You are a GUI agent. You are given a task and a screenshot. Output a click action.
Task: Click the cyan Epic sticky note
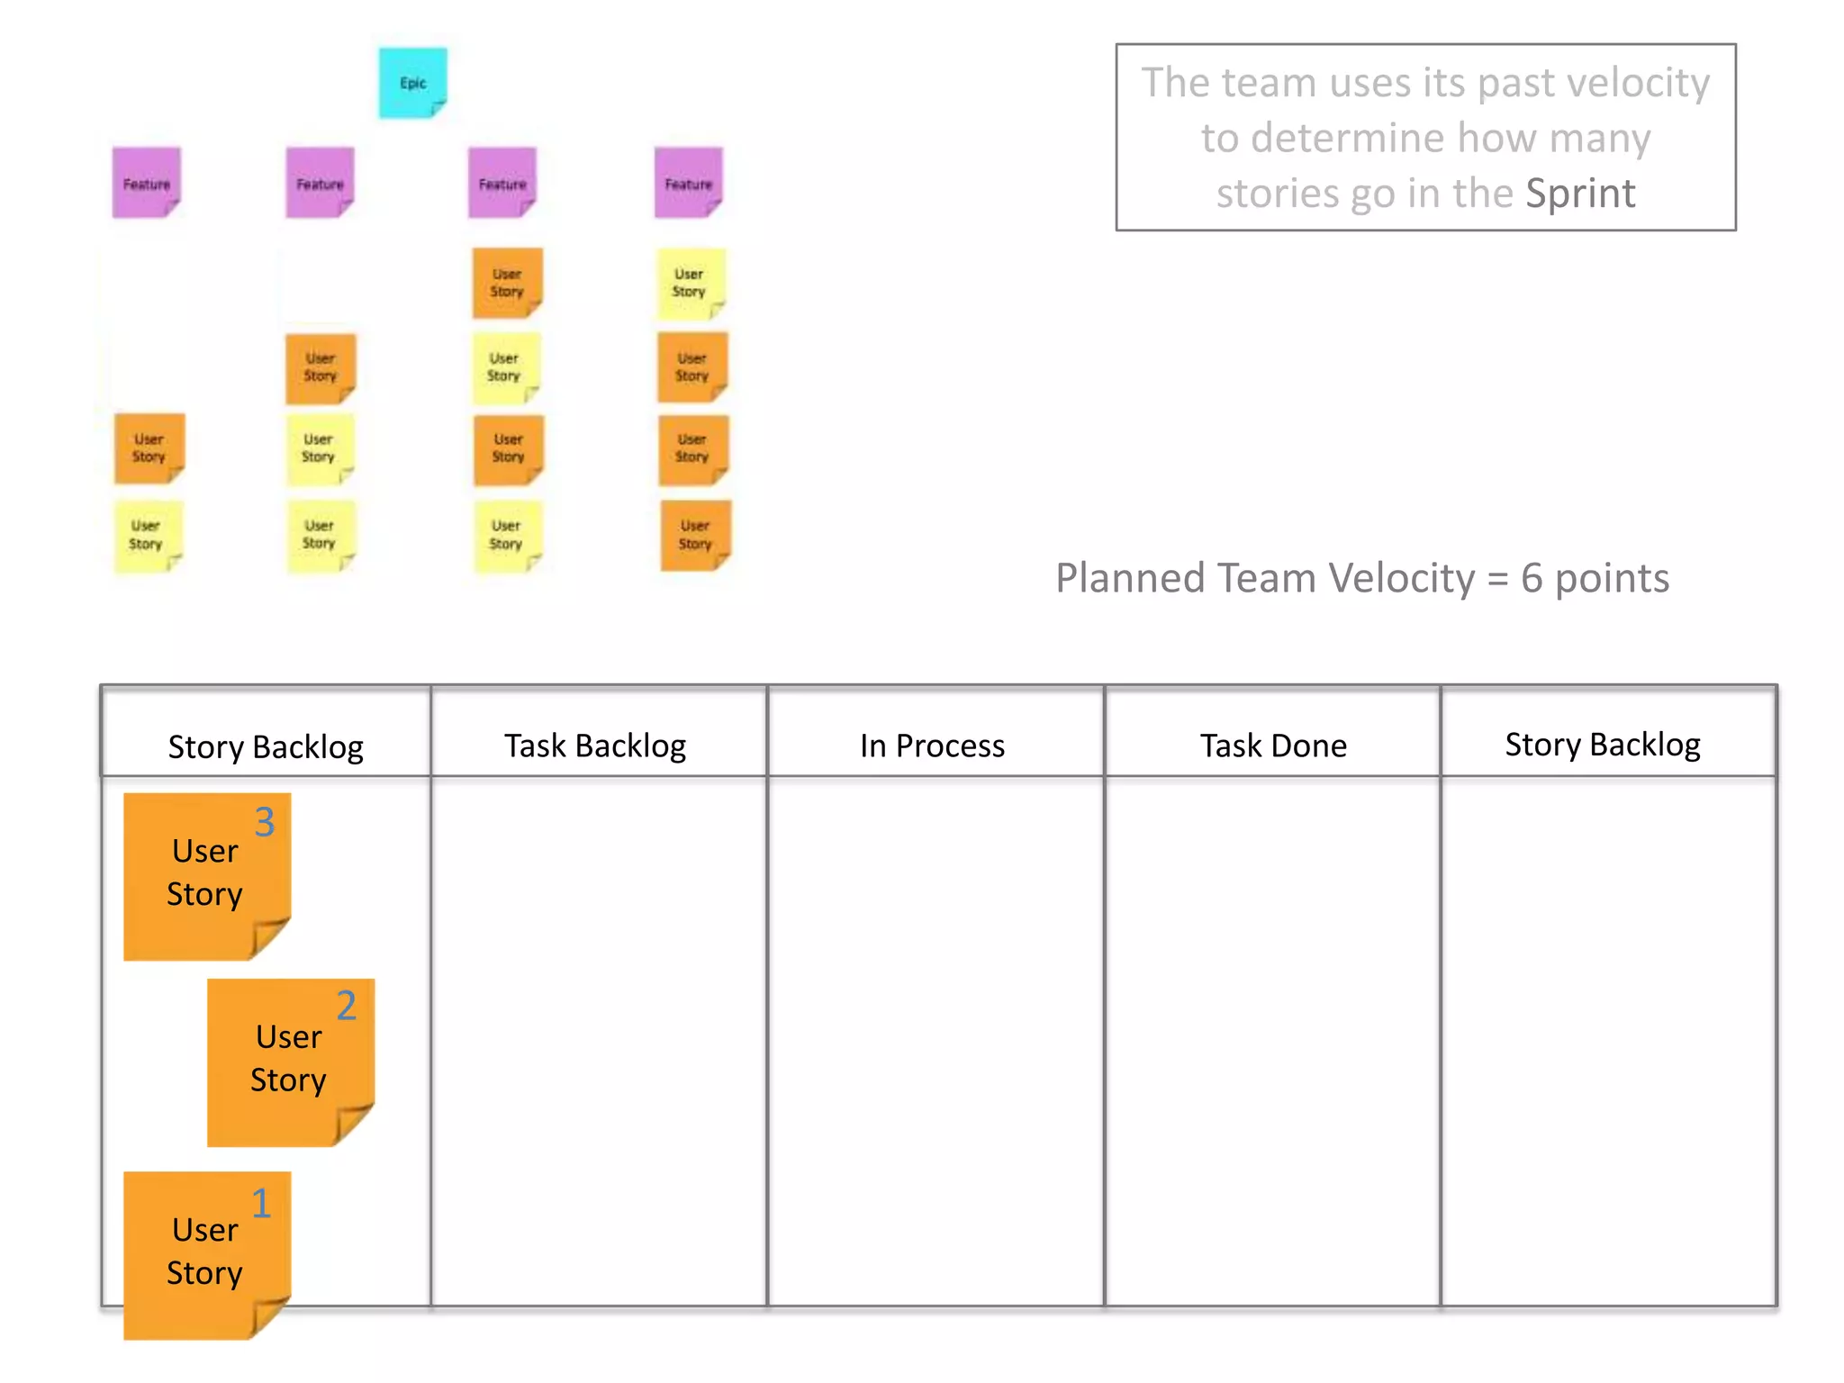pyautogui.click(x=412, y=83)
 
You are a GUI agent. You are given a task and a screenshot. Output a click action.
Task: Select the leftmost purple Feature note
pyautogui.click(x=146, y=183)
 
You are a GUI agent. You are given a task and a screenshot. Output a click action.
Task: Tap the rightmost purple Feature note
pyautogui.click(x=688, y=183)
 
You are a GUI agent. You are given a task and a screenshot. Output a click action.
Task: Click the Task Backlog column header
pyautogui.click(x=595, y=746)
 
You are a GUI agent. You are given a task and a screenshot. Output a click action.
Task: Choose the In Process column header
pyautogui.click(x=932, y=746)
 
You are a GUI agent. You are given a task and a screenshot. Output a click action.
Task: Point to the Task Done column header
pyautogui.click(x=1273, y=746)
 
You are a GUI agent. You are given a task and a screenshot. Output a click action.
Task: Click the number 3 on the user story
pyautogui.click(x=264, y=822)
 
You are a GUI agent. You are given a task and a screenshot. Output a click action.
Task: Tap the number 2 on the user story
pyautogui.click(x=347, y=1006)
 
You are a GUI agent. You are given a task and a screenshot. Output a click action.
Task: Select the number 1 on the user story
pyautogui.click(x=261, y=1203)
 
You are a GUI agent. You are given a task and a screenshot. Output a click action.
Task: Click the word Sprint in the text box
pyautogui.click(x=1580, y=194)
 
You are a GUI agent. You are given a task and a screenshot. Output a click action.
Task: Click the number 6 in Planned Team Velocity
pyautogui.click(x=1532, y=578)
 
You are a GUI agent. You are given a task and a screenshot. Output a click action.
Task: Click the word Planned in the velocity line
pyautogui.click(x=1129, y=578)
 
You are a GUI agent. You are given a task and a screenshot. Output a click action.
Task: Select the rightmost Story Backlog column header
pyautogui.click(x=1603, y=745)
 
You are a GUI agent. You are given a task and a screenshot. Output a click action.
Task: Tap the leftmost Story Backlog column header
pyautogui.click(x=266, y=746)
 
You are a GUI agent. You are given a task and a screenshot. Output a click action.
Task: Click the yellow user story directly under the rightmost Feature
pyautogui.click(x=690, y=283)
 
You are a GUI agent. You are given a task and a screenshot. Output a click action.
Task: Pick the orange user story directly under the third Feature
pyautogui.click(x=507, y=283)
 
